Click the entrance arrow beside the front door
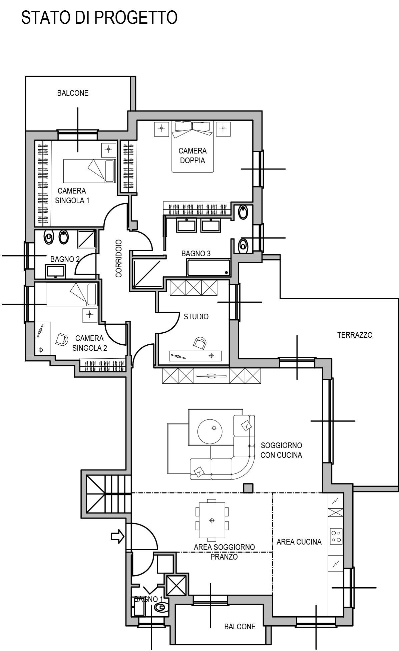(117, 537)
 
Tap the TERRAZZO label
(355, 335)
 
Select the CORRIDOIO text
(119, 258)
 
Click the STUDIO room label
(196, 316)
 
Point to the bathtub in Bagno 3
(209, 268)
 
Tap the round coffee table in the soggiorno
(211, 428)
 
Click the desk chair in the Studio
(200, 342)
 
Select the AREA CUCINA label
(299, 542)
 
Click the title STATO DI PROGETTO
(99, 18)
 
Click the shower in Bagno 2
(87, 239)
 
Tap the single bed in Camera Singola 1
(89, 171)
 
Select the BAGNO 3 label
(196, 254)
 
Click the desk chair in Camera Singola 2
(61, 339)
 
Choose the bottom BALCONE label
(240, 627)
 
